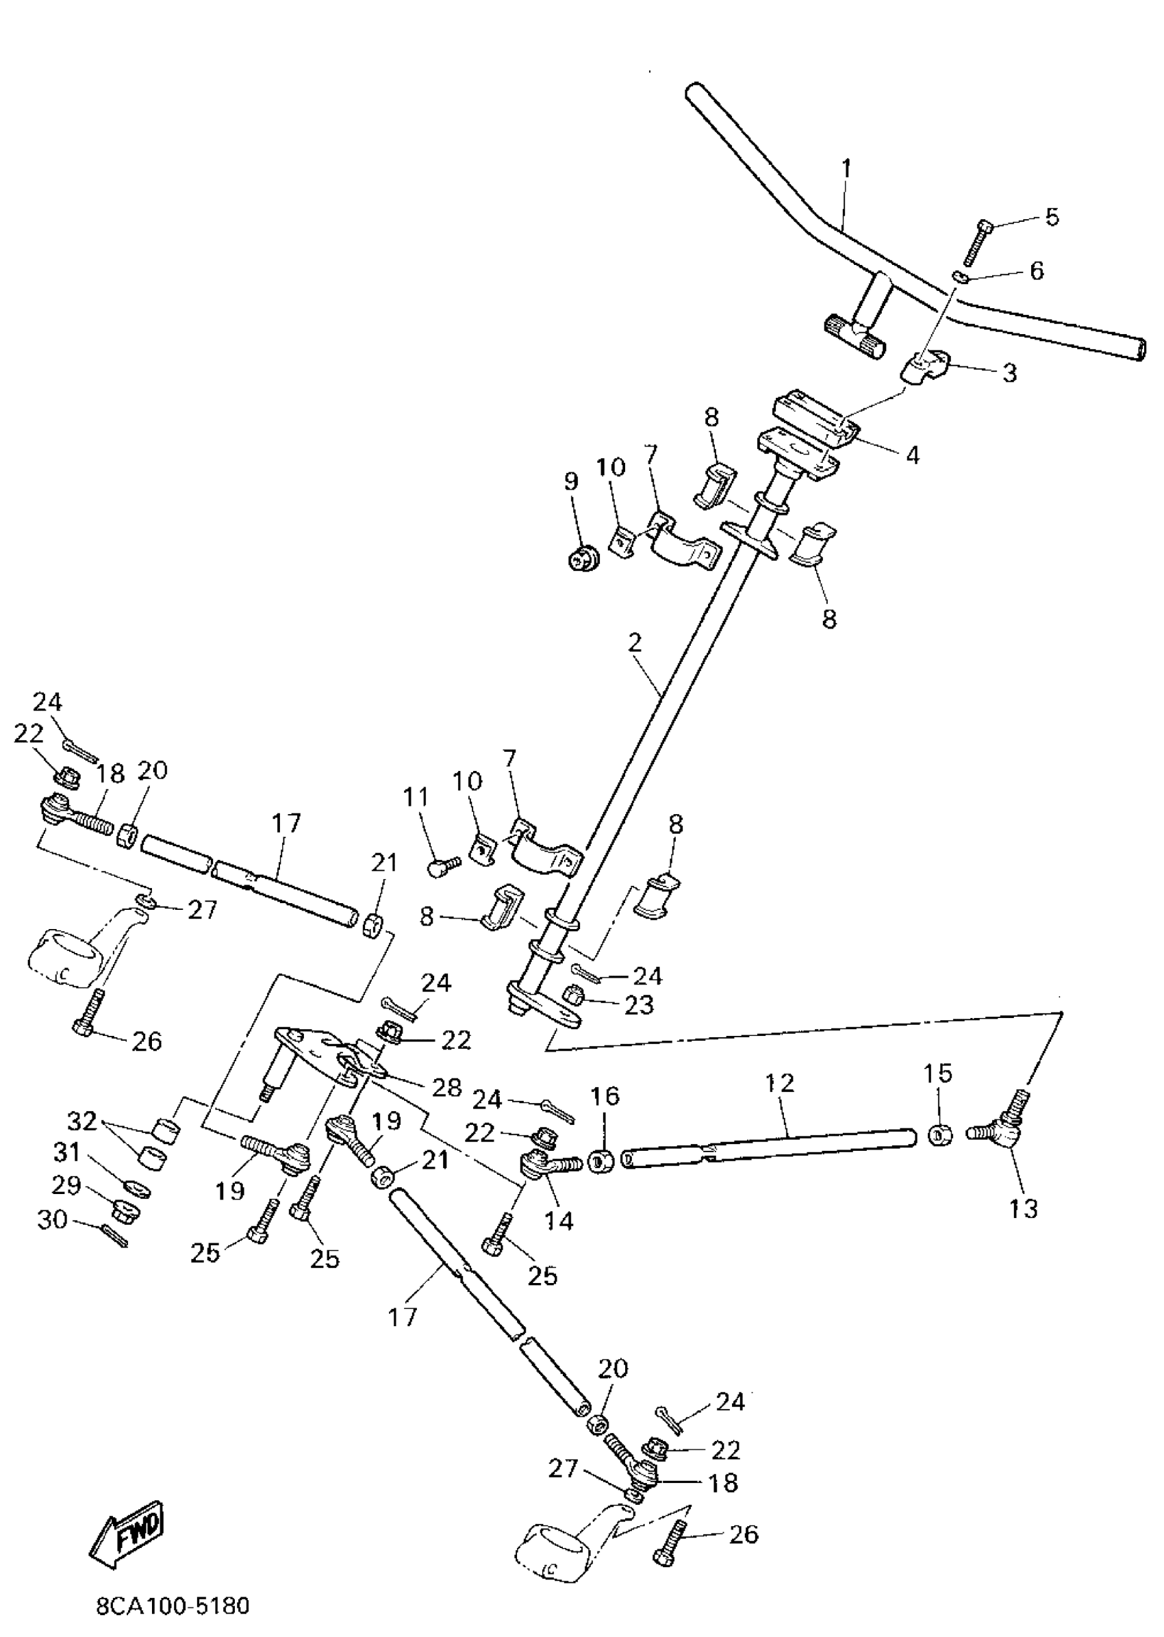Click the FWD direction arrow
click(135, 1536)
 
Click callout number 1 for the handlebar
click(846, 169)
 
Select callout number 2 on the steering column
click(634, 644)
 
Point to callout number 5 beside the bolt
click(1052, 216)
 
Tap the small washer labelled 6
click(961, 276)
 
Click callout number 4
click(912, 455)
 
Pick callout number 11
click(416, 797)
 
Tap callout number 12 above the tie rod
click(780, 1082)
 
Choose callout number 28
click(447, 1087)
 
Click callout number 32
click(82, 1121)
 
